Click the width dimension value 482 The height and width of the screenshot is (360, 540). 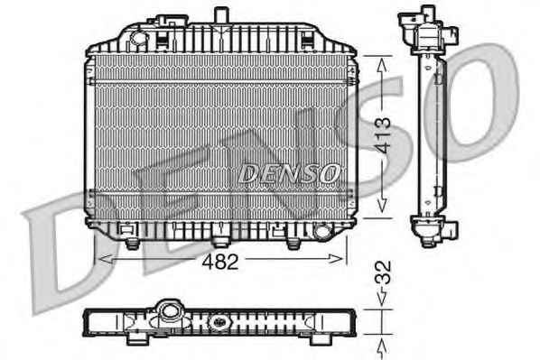coord(220,262)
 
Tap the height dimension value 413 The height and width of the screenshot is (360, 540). coord(383,135)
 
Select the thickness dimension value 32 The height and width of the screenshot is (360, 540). coord(383,272)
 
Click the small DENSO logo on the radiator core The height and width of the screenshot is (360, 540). coord(289,173)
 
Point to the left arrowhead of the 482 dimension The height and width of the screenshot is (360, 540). coord(106,259)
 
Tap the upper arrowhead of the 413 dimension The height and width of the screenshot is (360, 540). coord(382,65)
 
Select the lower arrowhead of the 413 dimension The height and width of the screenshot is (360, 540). coord(382,205)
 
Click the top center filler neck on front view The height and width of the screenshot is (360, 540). coord(221,15)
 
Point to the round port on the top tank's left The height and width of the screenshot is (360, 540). coord(138,37)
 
